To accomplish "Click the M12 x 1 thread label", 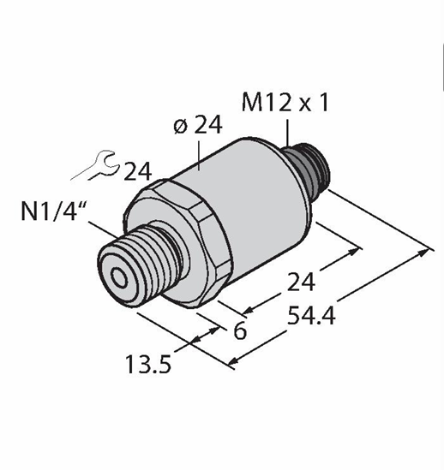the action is [x=285, y=103].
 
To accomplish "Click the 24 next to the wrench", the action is [x=137, y=171].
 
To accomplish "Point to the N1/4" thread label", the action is [x=53, y=211].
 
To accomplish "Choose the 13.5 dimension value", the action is [x=148, y=364].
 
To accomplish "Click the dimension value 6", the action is [x=240, y=331].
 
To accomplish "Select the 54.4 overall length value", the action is [x=311, y=316].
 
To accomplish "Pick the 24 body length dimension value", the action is [x=301, y=282].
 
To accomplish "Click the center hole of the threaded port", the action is [x=119, y=278].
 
